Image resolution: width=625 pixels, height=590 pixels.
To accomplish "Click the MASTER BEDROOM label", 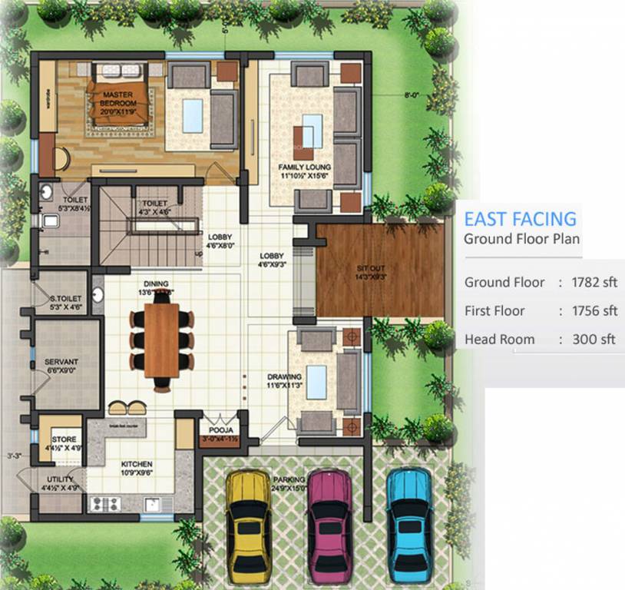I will point(119,99).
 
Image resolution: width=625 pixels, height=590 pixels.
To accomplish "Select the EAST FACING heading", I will point(519,218).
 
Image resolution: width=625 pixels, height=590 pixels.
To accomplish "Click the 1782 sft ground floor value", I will point(594,283).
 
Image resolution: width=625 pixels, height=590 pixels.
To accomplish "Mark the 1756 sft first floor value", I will point(594,311).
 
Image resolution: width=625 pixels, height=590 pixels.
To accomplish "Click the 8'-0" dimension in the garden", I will point(412,95).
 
